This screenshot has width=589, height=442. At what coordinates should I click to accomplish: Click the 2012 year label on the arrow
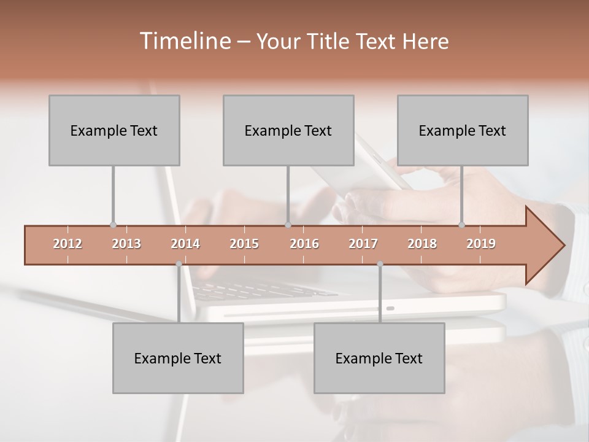coord(67,244)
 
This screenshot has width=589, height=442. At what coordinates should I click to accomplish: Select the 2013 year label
coord(126,244)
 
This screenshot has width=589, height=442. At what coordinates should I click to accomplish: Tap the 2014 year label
coord(185,244)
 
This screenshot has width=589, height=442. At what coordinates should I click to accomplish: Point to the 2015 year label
coord(244,244)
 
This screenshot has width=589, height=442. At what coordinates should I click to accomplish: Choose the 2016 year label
coord(304,244)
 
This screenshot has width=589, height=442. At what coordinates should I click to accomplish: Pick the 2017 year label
coord(363,244)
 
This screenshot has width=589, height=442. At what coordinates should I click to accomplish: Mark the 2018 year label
coord(422,244)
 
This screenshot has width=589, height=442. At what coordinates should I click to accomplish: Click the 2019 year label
coord(481,244)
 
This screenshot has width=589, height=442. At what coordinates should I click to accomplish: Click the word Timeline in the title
coord(184,41)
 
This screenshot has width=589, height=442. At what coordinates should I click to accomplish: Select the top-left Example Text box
coord(114,130)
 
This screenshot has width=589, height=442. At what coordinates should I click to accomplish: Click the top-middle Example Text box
coord(288,130)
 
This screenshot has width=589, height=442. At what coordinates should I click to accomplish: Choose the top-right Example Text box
coord(463,130)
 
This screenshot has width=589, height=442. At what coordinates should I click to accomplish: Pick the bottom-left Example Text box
coord(178,358)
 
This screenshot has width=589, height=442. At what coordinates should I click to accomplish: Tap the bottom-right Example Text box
coord(379,358)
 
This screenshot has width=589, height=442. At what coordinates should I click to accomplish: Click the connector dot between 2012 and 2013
coord(113,225)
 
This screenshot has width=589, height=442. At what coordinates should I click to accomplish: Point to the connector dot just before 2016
coord(288,225)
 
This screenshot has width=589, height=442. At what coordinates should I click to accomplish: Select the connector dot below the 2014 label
coord(179,264)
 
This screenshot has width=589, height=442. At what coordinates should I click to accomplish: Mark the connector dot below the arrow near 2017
coord(380,264)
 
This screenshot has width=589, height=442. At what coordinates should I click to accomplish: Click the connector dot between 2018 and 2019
coord(462,225)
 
